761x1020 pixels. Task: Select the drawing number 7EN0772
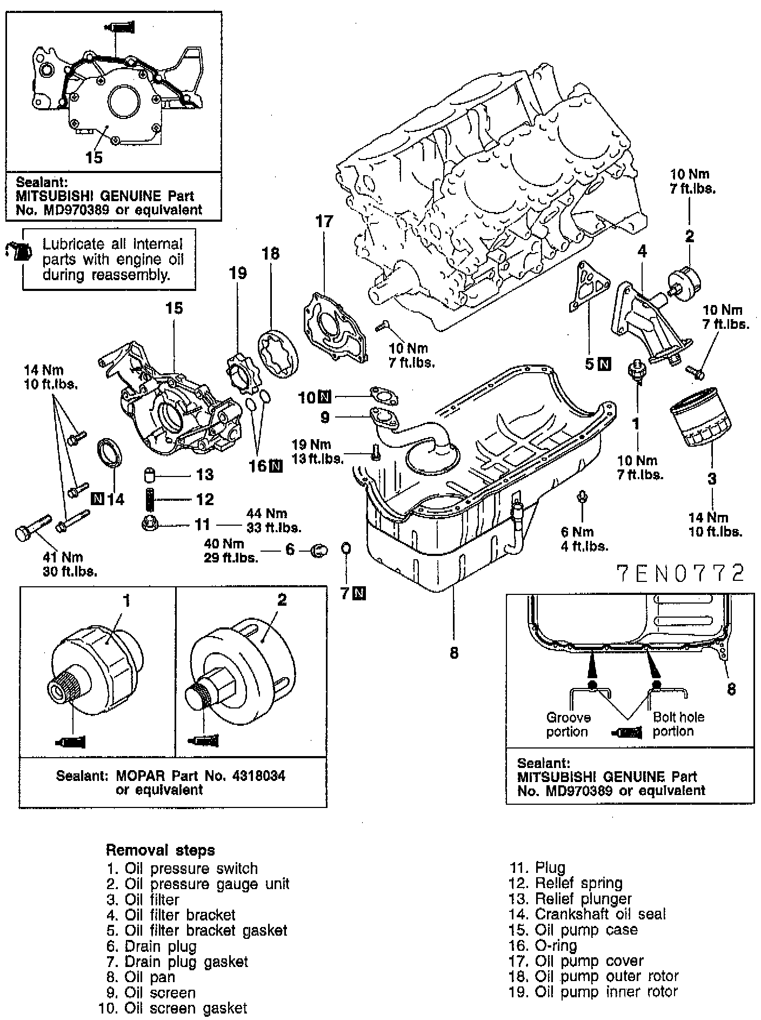pos(680,574)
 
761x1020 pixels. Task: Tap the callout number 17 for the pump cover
pos(324,222)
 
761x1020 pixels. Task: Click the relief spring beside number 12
pos(150,499)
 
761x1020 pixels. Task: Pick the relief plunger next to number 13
pos(150,475)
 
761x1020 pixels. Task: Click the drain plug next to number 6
pos(319,551)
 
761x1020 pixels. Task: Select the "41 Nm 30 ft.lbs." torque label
pos(70,564)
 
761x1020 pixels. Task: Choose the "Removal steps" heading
pos(160,850)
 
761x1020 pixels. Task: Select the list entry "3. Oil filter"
pos(143,899)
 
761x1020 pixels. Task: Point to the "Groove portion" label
pos(568,725)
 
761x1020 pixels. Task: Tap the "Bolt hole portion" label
pos(678,724)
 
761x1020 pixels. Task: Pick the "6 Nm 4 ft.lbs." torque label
pos(584,539)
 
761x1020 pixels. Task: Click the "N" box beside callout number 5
pos(605,364)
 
